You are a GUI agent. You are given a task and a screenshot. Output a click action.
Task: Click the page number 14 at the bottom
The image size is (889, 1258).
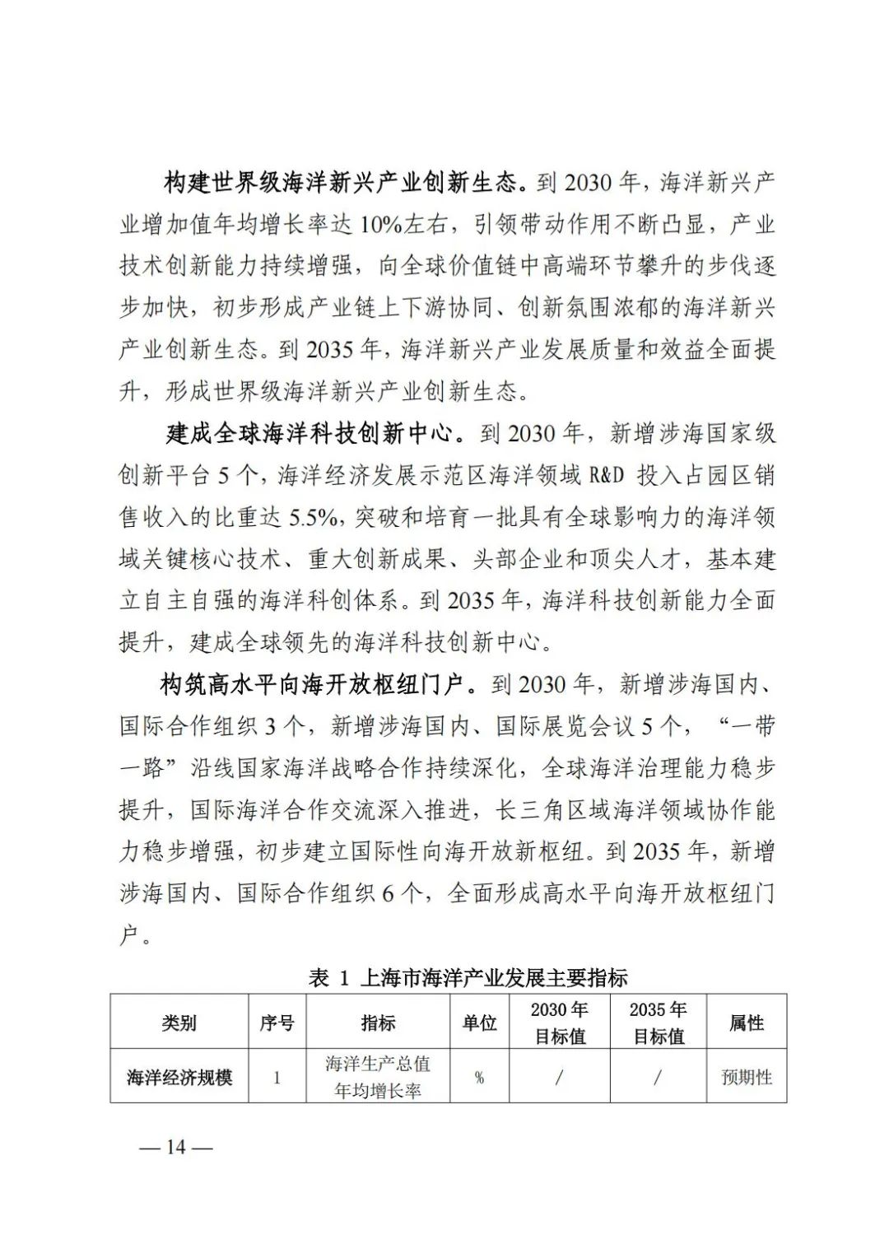(x=176, y=1147)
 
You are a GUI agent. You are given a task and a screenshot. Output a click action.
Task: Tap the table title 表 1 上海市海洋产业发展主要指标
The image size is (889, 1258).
(x=468, y=977)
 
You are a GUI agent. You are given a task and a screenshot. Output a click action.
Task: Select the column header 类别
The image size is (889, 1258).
(x=179, y=1023)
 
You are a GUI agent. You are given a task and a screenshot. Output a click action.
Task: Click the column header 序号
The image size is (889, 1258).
(x=277, y=1023)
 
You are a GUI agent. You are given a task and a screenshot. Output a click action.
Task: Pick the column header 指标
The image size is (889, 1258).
(x=378, y=1023)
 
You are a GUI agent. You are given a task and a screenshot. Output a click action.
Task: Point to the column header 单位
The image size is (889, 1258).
(x=479, y=1023)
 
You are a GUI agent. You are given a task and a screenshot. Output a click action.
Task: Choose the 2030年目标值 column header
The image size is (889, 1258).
(x=560, y=1023)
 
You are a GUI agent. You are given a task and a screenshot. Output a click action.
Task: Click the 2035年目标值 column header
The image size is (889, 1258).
(x=659, y=1023)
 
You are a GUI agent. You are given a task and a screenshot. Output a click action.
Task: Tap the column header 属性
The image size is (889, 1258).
(x=747, y=1023)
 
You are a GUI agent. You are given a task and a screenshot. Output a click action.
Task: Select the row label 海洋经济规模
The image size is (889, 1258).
(x=179, y=1077)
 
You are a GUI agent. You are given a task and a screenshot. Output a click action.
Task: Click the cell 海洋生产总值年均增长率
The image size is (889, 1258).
(x=378, y=1077)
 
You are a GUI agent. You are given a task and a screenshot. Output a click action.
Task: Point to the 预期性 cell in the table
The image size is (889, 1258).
(x=747, y=1077)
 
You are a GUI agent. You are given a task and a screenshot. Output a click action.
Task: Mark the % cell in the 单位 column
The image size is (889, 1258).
(x=479, y=1077)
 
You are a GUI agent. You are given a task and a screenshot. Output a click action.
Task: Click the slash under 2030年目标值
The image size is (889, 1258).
(x=560, y=1077)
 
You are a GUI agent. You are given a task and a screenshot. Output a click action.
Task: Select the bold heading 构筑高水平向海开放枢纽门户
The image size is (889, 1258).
(x=316, y=684)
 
